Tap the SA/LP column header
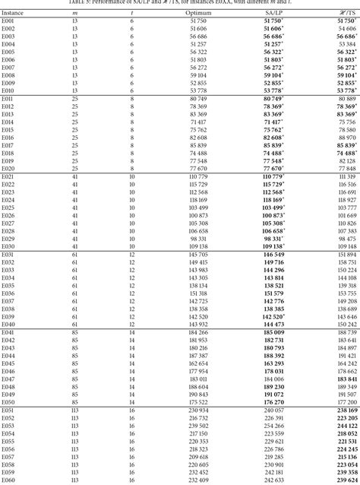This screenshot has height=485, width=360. click(273, 14)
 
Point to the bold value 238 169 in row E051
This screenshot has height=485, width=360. click(345, 411)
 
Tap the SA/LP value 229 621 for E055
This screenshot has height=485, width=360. click(273, 442)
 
